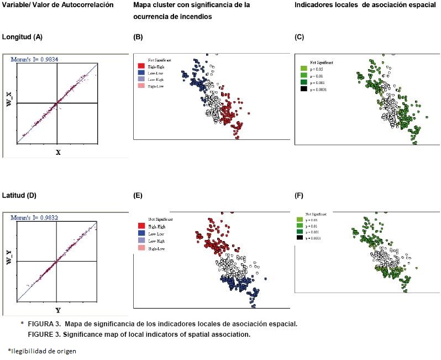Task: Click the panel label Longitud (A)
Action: coord(23,37)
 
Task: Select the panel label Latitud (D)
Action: coord(20,195)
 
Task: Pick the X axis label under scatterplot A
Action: coord(57,152)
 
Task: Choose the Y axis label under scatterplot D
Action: coord(57,310)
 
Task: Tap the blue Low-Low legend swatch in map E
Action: coord(141,234)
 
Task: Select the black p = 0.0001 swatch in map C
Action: coord(303,89)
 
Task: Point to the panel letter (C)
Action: coord(299,37)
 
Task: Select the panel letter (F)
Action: coord(299,195)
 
